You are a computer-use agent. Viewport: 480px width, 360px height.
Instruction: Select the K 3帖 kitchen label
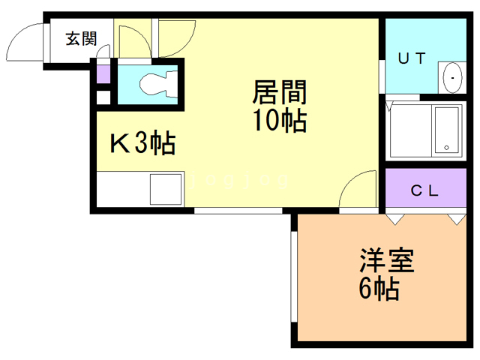(142, 142)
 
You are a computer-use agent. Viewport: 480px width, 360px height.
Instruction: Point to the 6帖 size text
(377, 289)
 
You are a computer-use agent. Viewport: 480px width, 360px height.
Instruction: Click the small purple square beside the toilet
(103, 74)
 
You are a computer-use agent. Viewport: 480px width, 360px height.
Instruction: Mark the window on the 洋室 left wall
(293, 277)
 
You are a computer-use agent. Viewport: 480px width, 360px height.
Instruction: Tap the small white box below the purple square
(103, 96)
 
